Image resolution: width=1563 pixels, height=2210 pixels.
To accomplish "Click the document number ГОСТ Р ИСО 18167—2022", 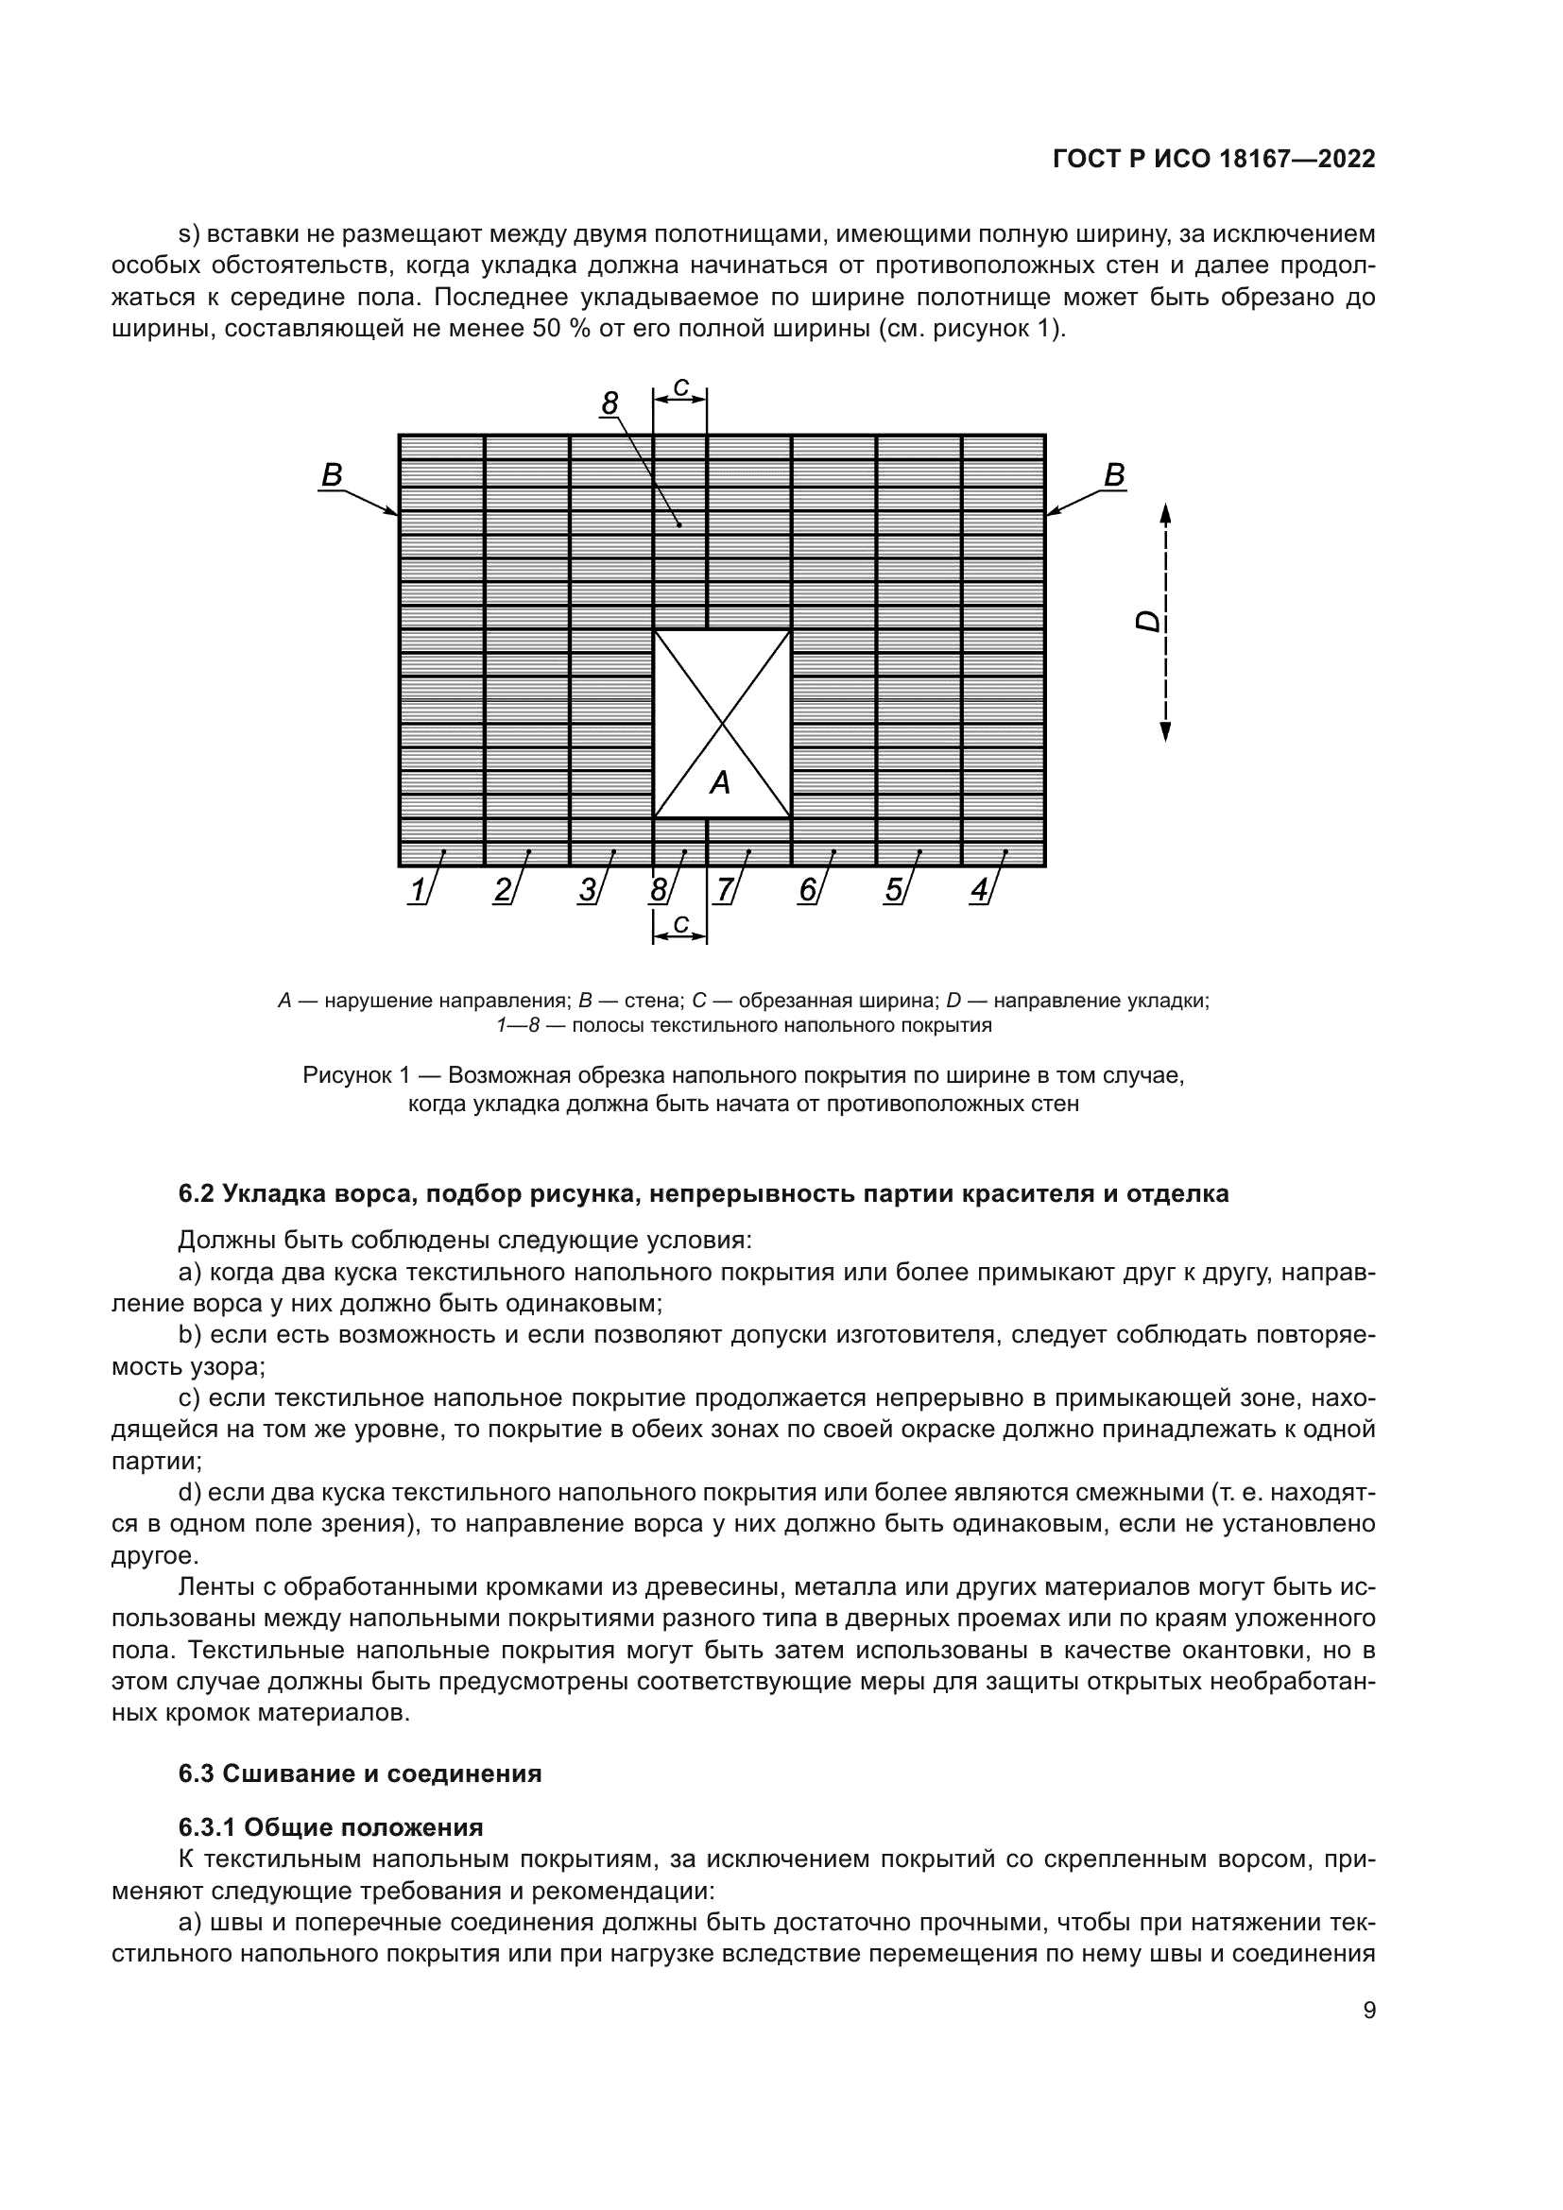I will point(1213,159).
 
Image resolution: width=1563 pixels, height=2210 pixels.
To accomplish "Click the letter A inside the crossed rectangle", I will point(720,783).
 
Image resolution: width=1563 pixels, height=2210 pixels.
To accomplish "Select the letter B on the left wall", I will point(332,475).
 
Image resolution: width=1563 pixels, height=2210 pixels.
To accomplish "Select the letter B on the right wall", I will point(1113,475).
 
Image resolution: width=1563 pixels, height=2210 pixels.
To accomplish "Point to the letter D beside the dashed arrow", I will point(1149,622).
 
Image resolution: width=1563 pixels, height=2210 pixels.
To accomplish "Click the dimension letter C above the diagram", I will point(680,388).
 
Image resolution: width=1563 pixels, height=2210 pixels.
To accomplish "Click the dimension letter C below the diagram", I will point(680,924).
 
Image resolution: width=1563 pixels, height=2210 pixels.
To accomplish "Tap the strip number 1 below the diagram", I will point(417,890).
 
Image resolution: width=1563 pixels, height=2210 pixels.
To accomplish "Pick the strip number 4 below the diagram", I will point(978,890).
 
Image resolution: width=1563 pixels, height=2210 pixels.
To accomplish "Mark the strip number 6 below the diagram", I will point(807,890).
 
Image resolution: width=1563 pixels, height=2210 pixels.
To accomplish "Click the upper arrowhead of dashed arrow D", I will point(1165,512).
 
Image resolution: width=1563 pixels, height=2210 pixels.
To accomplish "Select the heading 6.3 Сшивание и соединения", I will point(359,1773).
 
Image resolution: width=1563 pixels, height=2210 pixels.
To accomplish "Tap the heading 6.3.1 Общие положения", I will point(330,1827).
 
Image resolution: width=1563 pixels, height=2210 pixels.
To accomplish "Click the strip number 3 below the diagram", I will point(587,890).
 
